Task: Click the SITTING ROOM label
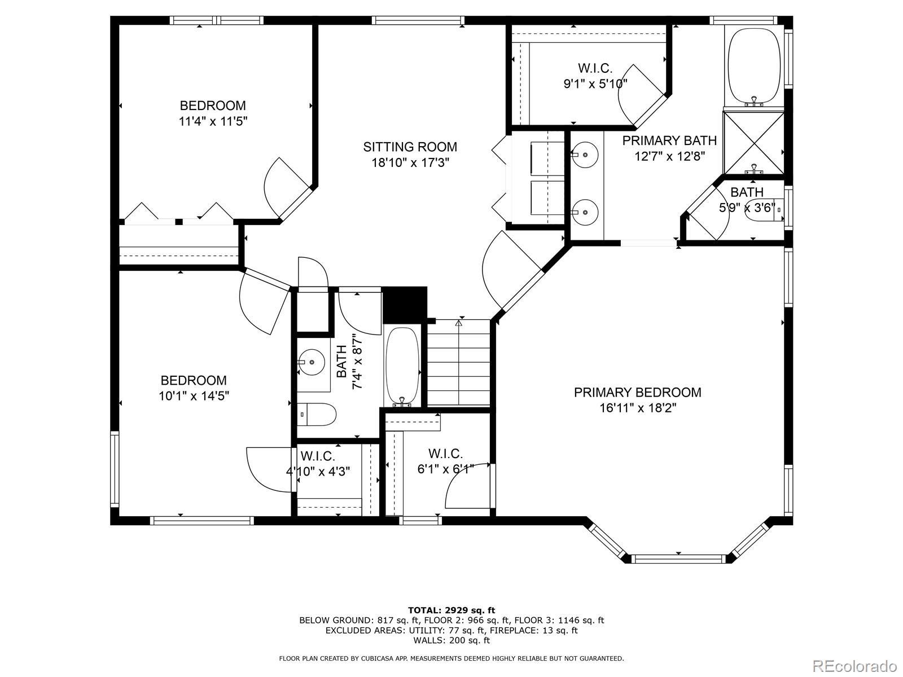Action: click(410, 147)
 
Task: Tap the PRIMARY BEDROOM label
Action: click(637, 392)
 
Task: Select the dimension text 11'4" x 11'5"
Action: click(213, 122)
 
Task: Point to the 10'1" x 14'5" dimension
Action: click(194, 396)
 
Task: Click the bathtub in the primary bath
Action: click(754, 67)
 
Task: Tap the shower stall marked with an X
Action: click(753, 143)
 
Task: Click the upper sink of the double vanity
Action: click(585, 155)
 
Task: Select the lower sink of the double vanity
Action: click(585, 212)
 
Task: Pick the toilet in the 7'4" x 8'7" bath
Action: click(317, 414)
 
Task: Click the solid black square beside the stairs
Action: click(405, 305)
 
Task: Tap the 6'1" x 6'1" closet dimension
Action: click(445, 469)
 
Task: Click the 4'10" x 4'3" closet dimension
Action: click(318, 471)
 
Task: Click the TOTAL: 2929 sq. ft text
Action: click(451, 610)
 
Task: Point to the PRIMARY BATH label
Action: click(669, 140)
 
